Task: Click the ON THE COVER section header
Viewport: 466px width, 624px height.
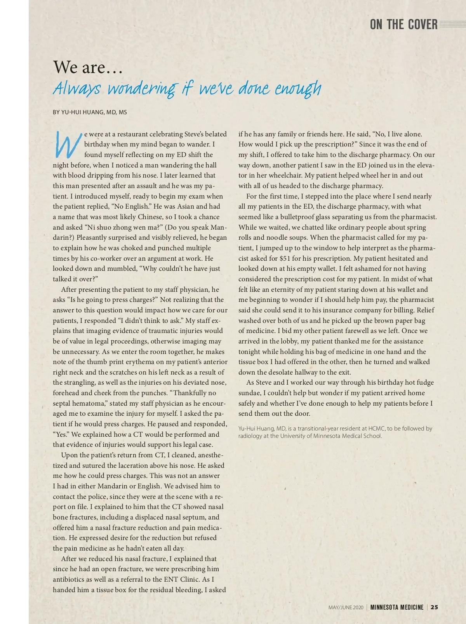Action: [403, 24]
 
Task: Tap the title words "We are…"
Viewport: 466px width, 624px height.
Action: [88, 67]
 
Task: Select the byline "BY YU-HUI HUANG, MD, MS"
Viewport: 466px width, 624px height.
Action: [90, 112]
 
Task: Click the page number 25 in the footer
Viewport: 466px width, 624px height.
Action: [434, 607]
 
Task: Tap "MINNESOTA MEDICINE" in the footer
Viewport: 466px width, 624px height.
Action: [396, 607]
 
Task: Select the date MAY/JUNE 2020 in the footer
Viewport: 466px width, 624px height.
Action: [346, 607]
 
